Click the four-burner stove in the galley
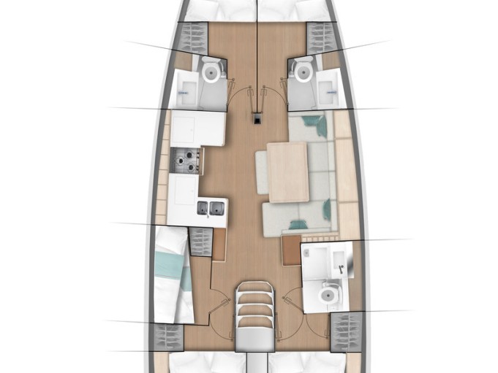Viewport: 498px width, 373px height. [186, 161]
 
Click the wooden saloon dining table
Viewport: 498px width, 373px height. [287, 172]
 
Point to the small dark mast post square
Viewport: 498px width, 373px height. [257, 118]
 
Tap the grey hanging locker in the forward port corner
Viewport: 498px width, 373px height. [195, 36]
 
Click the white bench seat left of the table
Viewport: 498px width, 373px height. [261, 172]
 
